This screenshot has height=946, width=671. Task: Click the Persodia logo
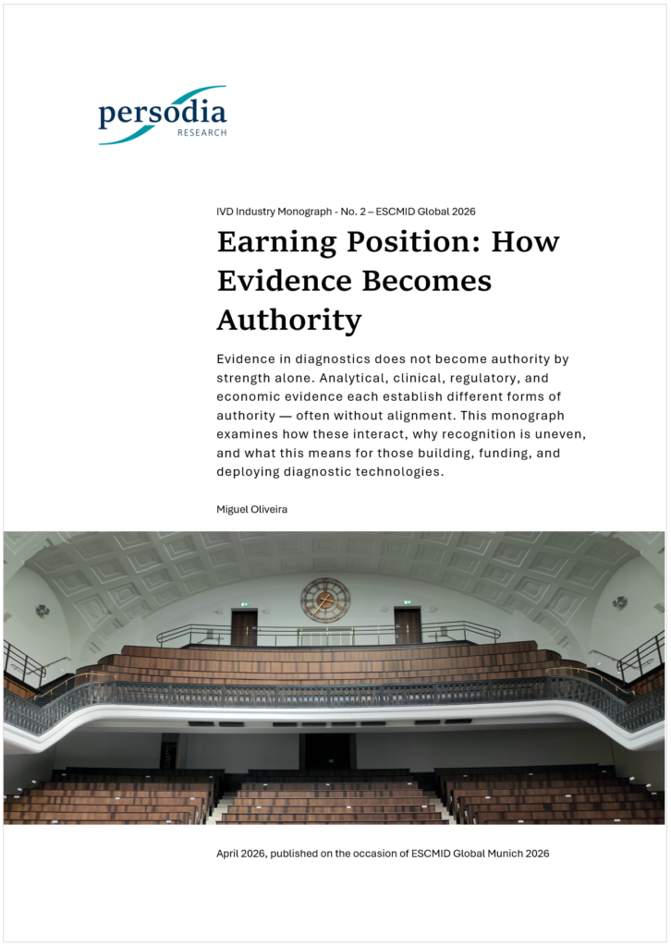click(163, 115)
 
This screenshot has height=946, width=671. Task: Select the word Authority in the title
click(288, 320)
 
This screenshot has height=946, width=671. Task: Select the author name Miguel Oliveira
click(251, 509)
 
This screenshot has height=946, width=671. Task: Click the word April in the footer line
click(228, 854)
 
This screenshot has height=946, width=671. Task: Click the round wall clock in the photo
click(325, 600)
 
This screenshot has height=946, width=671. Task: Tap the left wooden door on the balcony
click(244, 628)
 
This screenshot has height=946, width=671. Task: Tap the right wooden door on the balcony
click(407, 625)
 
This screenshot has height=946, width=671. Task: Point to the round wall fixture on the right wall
click(619, 602)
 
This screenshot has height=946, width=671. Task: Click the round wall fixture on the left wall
click(43, 611)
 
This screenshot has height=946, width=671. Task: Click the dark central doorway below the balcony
click(327, 752)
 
